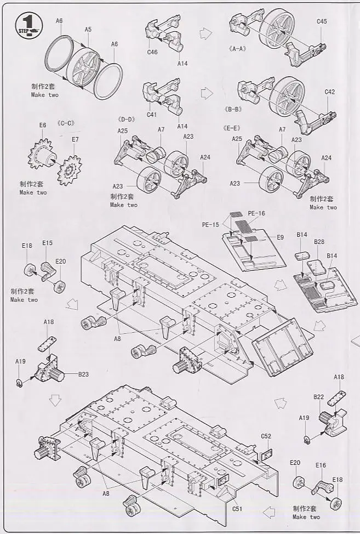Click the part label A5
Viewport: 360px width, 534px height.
(x=88, y=30)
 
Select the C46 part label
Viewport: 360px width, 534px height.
(x=152, y=53)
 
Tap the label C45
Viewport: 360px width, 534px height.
(x=322, y=22)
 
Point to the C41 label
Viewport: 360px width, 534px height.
(x=152, y=115)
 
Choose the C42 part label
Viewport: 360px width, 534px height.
(x=329, y=92)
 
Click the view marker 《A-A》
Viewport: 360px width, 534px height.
(x=238, y=49)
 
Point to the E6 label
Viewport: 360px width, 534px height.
(x=43, y=126)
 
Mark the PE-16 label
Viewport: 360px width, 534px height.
(x=256, y=213)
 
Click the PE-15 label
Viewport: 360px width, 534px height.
(x=210, y=224)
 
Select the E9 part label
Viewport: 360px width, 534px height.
(x=280, y=237)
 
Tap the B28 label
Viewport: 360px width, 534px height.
(x=319, y=242)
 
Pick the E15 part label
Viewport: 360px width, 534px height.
(x=47, y=243)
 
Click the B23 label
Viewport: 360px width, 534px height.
(x=83, y=375)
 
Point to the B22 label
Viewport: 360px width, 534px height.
(x=319, y=397)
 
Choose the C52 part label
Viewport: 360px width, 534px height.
(x=266, y=436)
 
